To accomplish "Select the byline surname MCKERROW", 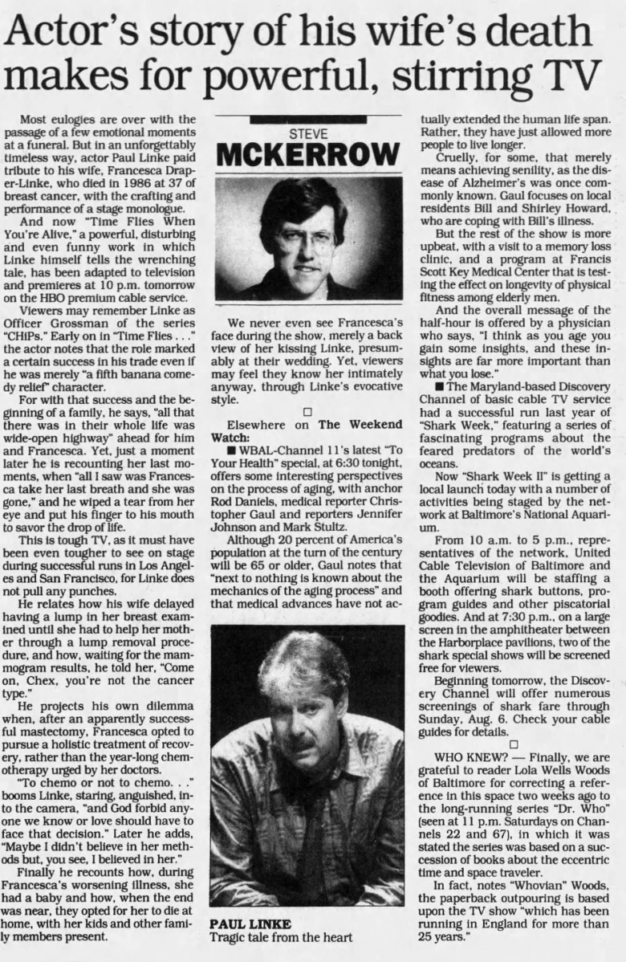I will coord(308,153).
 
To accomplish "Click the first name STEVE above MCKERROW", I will coord(308,133).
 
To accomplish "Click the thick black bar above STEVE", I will coord(308,119).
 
